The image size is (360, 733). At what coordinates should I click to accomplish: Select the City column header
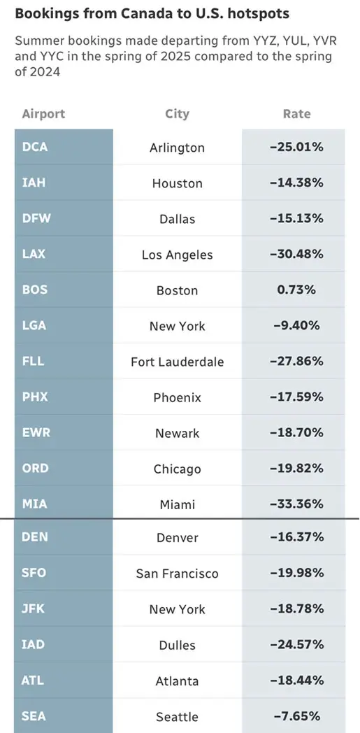[x=177, y=114]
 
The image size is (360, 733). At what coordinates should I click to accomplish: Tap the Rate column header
[x=296, y=114]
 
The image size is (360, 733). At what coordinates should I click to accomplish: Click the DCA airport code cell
[x=35, y=148]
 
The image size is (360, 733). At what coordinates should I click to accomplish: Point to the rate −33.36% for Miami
[x=296, y=504]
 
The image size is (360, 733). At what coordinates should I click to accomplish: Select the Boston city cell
[x=177, y=290]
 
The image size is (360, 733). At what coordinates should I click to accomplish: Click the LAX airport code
[x=34, y=255]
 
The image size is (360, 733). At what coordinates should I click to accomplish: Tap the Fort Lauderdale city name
[x=177, y=362]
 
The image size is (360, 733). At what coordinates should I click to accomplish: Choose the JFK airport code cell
[x=34, y=609]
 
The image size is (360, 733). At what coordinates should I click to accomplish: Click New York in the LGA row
[x=177, y=326]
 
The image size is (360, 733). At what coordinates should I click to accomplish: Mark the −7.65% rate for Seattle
[x=296, y=717]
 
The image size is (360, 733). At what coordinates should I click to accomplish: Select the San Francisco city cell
[x=177, y=574]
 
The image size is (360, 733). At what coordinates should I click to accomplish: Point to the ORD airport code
[x=34, y=469]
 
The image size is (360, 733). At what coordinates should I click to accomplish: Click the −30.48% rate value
[x=296, y=255]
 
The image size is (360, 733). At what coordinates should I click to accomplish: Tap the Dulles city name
[x=177, y=645]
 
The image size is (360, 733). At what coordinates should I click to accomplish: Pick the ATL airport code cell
[x=34, y=681]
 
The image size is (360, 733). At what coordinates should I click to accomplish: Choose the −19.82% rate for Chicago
[x=296, y=469]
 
